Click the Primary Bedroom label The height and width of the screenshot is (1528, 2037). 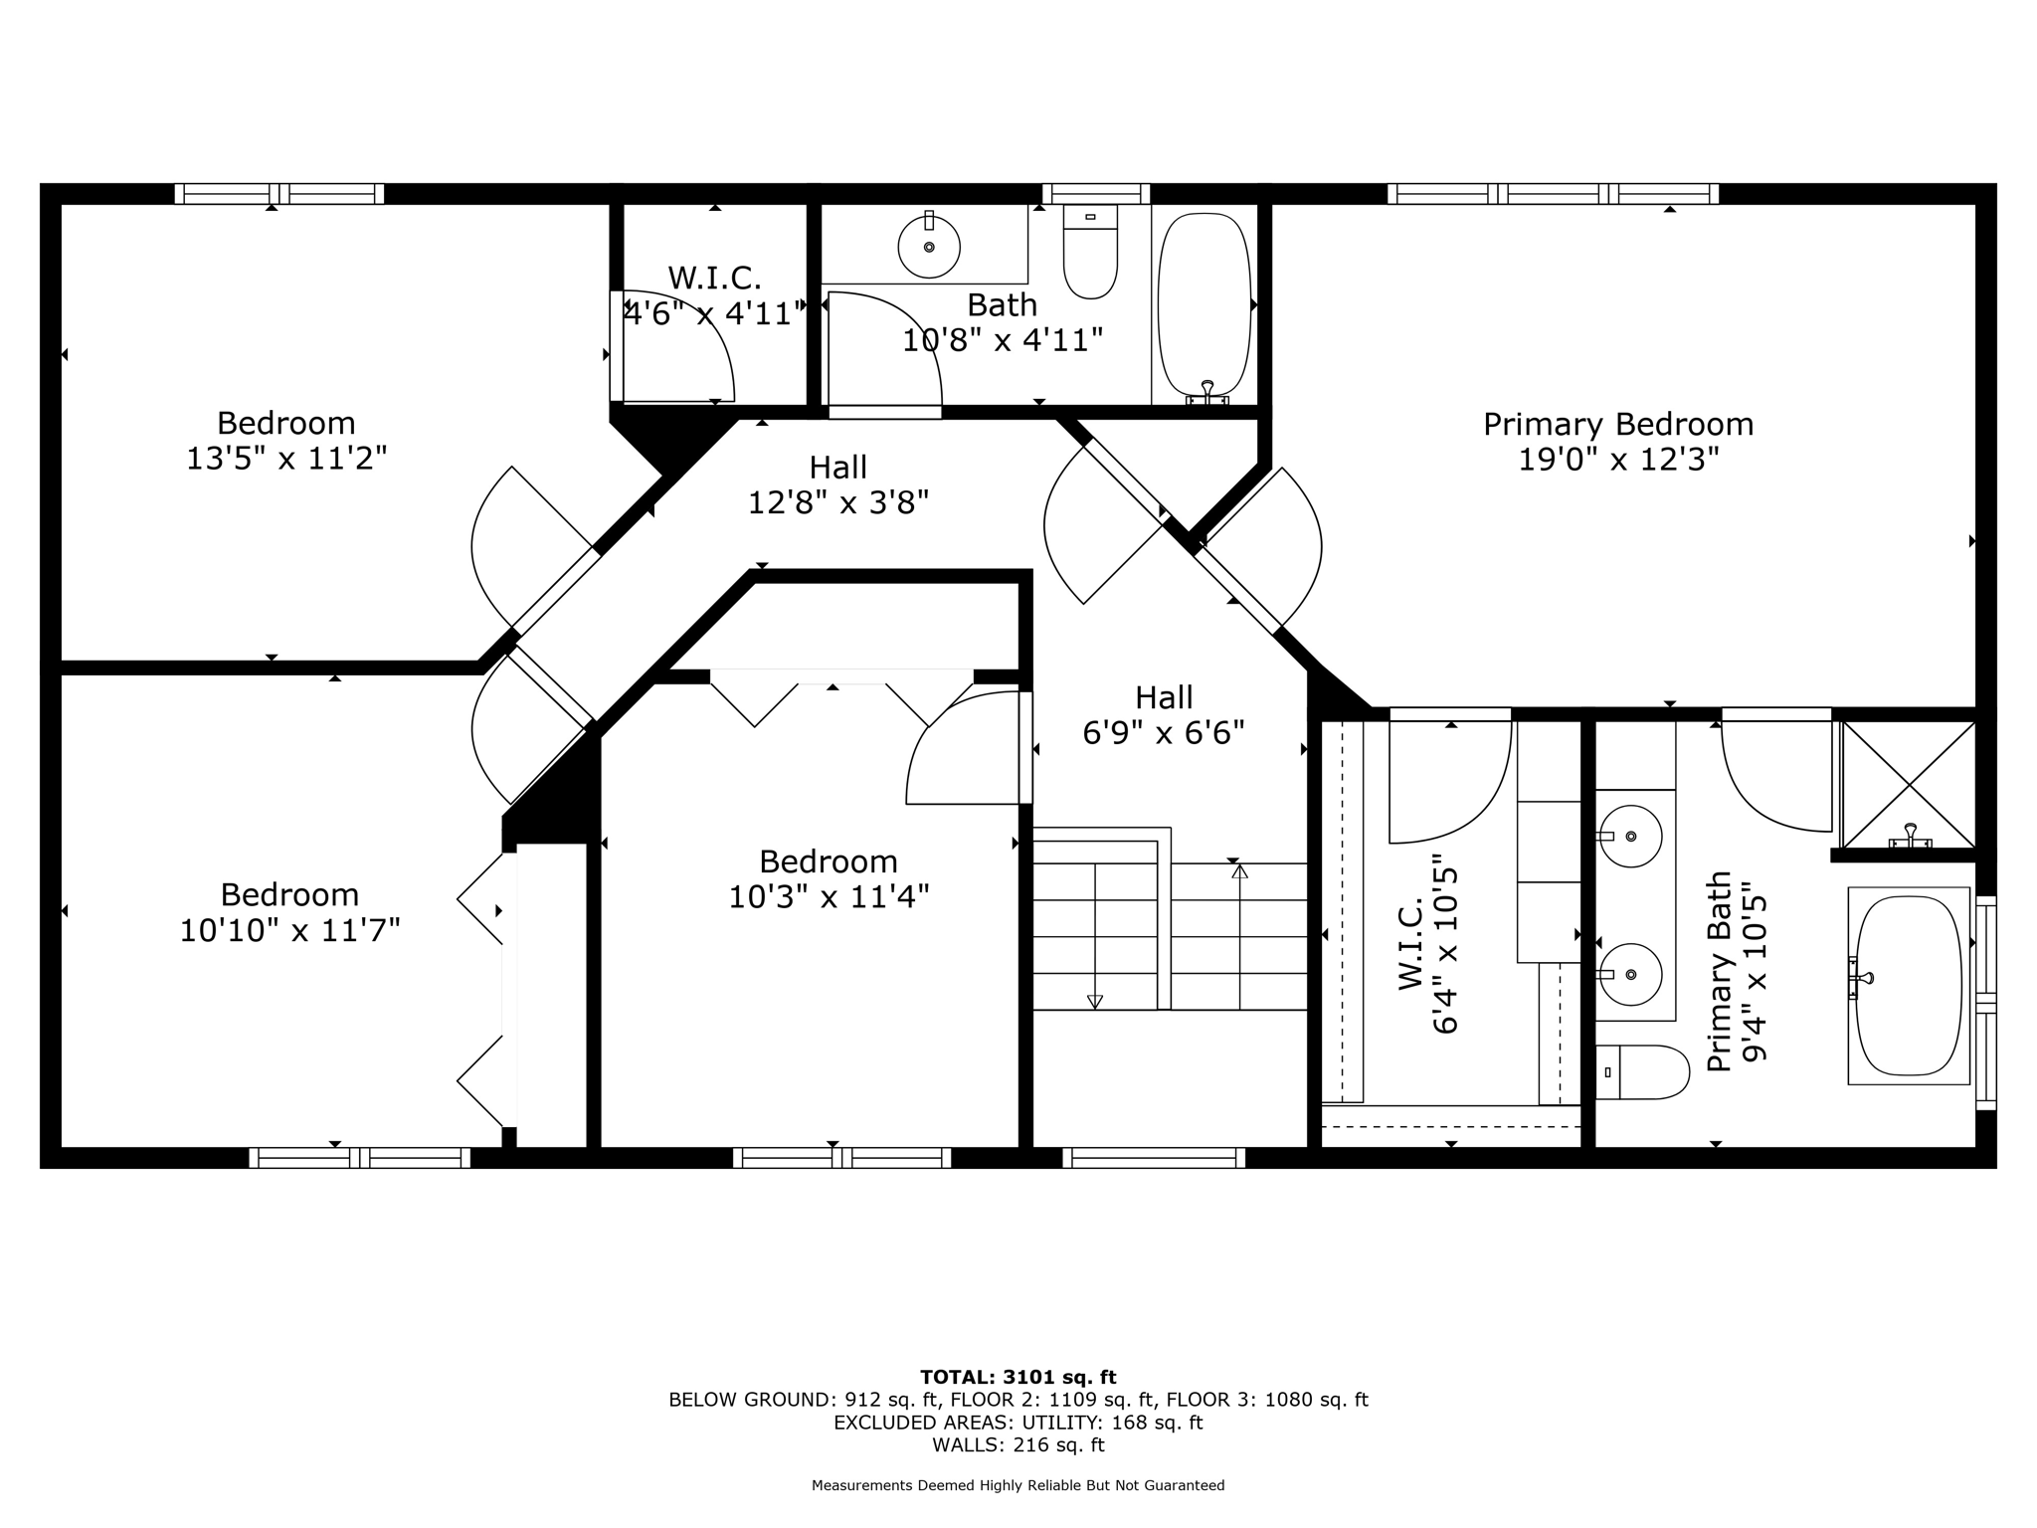point(1618,425)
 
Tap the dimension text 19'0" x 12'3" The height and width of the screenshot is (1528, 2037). point(1618,460)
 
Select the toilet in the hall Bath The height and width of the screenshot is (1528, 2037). point(1090,253)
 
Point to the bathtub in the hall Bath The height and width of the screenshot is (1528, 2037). point(1204,304)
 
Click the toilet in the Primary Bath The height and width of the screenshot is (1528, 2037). point(1642,1072)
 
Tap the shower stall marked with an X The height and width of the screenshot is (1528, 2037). point(1909,784)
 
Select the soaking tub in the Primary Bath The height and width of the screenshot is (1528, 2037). point(1909,985)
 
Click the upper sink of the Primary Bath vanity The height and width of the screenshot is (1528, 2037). point(1630,836)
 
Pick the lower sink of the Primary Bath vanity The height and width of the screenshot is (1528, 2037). point(1630,975)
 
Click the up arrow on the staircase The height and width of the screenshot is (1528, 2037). point(1239,871)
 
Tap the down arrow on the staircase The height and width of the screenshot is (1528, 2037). point(1095,1001)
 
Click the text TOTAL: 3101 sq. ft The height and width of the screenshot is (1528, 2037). point(1018,1378)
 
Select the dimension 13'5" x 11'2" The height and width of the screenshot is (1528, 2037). point(286,460)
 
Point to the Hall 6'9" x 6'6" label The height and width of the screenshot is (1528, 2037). point(1164,715)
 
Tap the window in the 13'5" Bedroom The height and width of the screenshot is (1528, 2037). point(278,194)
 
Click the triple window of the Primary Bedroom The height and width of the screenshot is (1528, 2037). point(1553,194)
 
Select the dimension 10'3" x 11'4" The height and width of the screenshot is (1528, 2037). point(829,897)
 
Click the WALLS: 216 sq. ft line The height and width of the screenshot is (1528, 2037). point(1018,1445)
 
